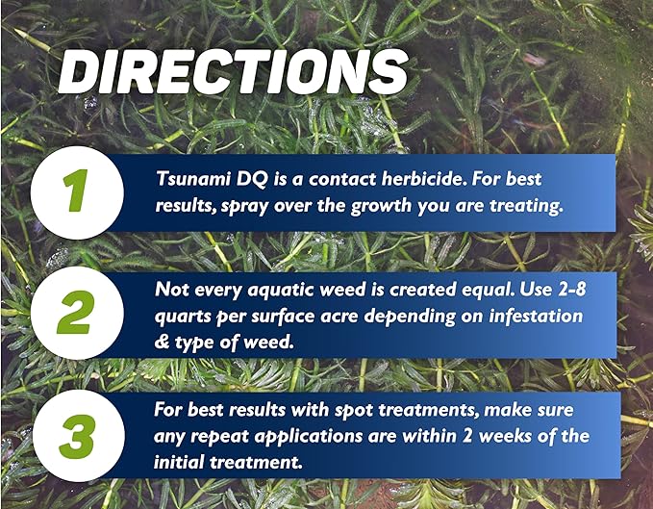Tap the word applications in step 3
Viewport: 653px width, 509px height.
point(322,437)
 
